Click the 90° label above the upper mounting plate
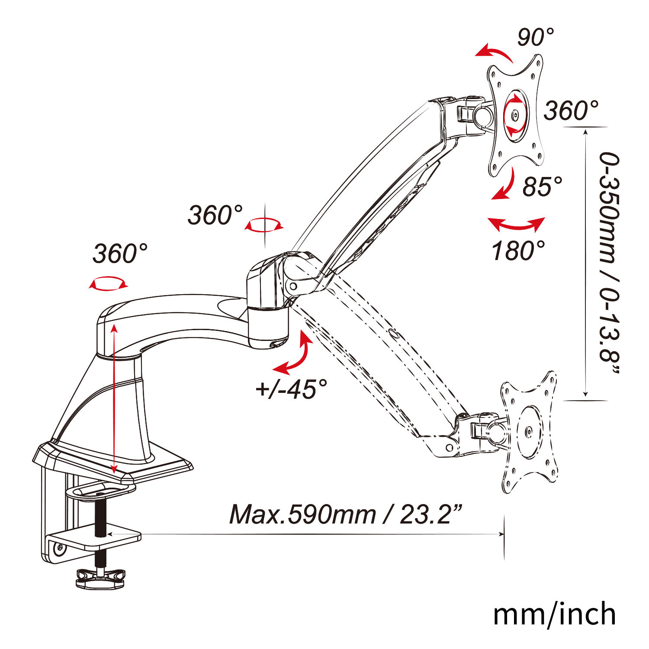pyautogui.click(x=536, y=37)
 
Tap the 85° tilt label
pyautogui.click(x=543, y=186)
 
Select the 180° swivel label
pyautogui.click(x=518, y=250)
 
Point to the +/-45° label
pyautogui.click(x=291, y=389)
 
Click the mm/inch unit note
pyautogui.click(x=555, y=614)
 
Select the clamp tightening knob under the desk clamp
pyautogui.click(x=100, y=579)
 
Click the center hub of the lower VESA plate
pyautogui.click(x=528, y=432)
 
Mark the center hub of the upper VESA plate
pyautogui.click(x=515, y=115)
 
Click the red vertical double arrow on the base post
pyautogui.click(x=114, y=399)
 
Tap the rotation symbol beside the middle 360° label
pyautogui.click(x=263, y=225)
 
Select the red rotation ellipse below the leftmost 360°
pyautogui.click(x=109, y=283)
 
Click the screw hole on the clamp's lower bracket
pyautogui.click(x=59, y=549)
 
